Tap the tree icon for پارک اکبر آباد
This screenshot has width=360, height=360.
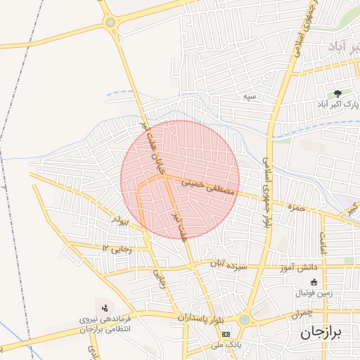(338, 93)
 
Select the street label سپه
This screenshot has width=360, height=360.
(249, 95)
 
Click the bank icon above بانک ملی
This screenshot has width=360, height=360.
(225, 334)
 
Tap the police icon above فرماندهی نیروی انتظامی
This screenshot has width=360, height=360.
(105, 307)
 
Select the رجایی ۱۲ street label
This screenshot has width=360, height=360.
(117, 247)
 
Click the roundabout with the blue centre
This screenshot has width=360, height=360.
(243, 319)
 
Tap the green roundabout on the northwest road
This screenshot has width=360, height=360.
(110, 23)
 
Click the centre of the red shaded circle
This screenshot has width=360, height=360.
(180, 179)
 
